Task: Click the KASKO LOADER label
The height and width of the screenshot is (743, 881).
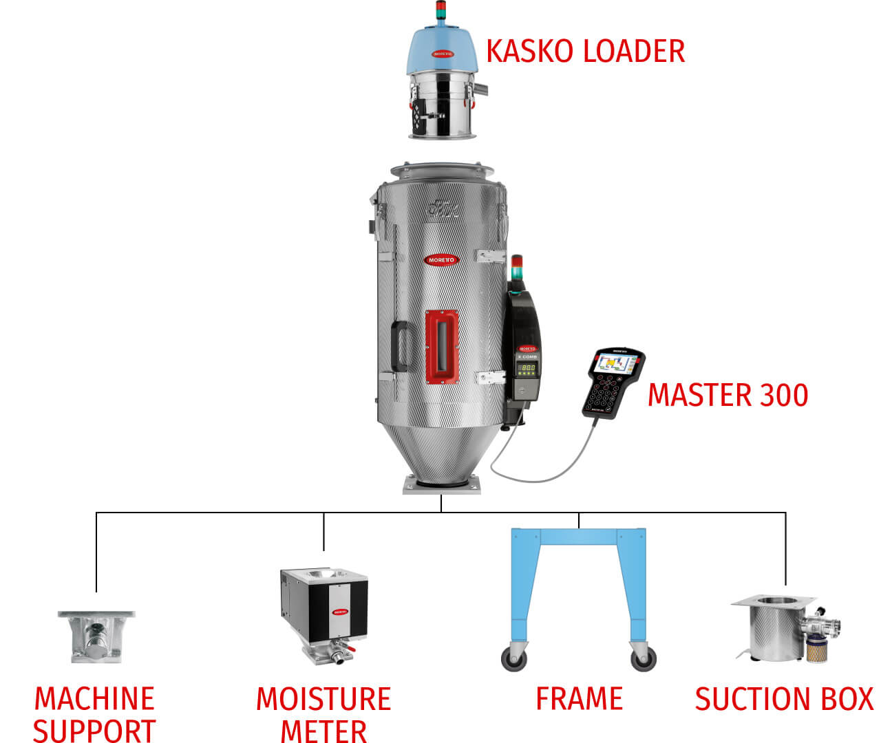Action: [x=585, y=52]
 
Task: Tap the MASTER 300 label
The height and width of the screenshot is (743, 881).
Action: [x=728, y=395]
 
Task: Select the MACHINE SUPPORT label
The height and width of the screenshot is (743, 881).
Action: [x=94, y=714]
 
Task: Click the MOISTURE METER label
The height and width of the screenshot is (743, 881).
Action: [x=323, y=714]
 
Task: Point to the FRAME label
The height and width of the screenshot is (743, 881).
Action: [x=579, y=699]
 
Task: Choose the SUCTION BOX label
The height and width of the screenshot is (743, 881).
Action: [x=784, y=699]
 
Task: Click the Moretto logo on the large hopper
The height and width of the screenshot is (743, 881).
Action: [x=441, y=259]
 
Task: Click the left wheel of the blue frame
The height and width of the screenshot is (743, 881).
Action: [x=514, y=659]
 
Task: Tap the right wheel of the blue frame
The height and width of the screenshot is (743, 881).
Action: [x=644, y=659]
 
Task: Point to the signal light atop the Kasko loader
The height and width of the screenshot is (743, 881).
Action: [x=441, y=11]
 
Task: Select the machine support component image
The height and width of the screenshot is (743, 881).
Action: [x=96, y=636]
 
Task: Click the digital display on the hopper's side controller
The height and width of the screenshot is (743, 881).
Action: [x=527, y=368]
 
